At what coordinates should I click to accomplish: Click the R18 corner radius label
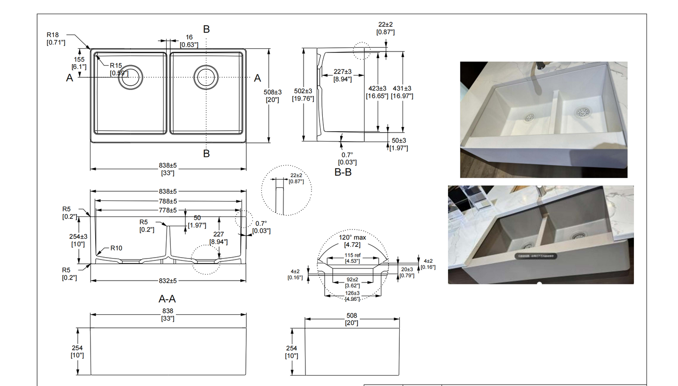(53, 35)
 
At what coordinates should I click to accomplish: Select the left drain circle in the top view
(130, 77)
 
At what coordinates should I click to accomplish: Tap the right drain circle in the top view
(206, 76)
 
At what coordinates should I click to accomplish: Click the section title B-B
(343, 172)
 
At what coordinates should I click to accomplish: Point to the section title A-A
(167, 299)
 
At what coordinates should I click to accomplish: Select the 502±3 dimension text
(303, 91)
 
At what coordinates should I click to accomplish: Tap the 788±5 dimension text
(168, 201)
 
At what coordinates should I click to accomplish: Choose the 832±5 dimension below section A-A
(168, 281)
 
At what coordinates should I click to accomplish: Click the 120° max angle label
(352, 238)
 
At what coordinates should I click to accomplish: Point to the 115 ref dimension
(352, 255)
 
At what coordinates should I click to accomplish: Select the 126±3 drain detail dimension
(352, 293)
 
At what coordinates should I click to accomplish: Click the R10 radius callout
(117, 248)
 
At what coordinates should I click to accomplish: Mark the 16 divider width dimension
(189, 37)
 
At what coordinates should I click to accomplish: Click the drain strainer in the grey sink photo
(578, 238)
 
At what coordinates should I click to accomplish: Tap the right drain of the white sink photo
(583, 112)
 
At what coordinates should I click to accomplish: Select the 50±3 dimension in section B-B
(399, 141)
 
